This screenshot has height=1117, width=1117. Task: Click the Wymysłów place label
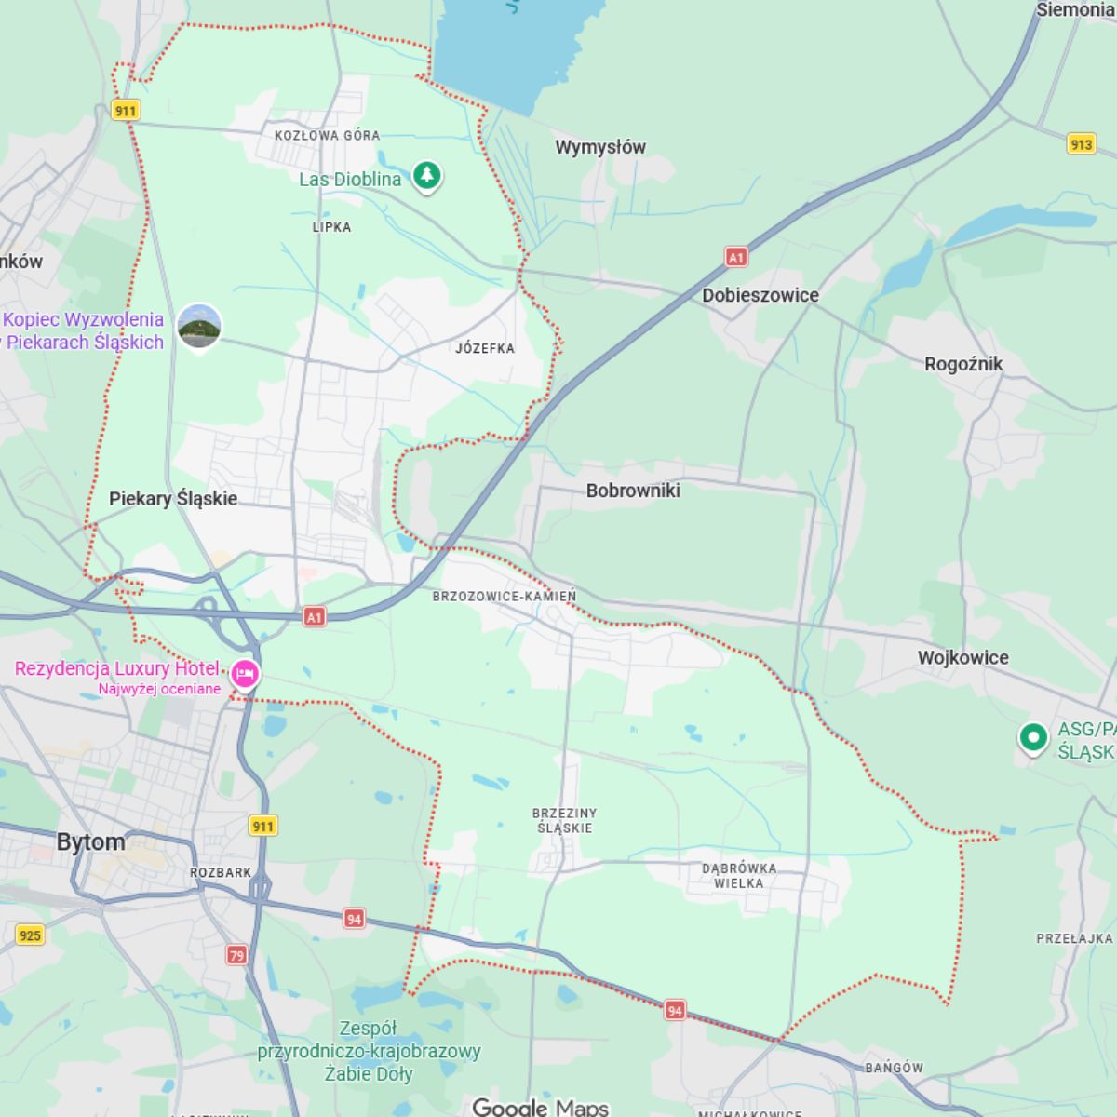point(599,147)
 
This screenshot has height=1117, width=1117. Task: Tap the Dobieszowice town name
point(760,295)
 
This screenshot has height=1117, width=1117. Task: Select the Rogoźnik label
point(962,364)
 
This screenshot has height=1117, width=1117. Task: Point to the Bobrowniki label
point(633,491)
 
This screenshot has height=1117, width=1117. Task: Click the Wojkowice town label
point(962,658)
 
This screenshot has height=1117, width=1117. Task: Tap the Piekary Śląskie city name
point(173,498)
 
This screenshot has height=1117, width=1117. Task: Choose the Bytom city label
point(90,842)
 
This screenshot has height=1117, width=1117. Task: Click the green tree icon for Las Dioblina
point(427,175)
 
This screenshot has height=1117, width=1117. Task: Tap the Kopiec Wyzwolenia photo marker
point(199,326)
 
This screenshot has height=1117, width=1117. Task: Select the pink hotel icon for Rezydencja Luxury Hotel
point(245,673)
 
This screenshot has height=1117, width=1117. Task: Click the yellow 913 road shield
point(1081,144)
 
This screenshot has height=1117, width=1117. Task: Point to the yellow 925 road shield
point(30,935)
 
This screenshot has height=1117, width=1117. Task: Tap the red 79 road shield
point(237,955)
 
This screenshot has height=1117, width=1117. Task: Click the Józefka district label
point(485,348)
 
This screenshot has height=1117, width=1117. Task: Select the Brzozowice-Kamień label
point(505,596)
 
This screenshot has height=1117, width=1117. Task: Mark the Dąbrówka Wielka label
point(739,876)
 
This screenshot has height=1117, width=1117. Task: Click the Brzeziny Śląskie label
point(565,820)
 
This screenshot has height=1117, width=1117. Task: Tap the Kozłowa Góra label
point(327,135)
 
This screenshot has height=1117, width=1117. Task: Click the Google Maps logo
point(540,1107)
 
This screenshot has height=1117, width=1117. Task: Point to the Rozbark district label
point(221,872)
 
